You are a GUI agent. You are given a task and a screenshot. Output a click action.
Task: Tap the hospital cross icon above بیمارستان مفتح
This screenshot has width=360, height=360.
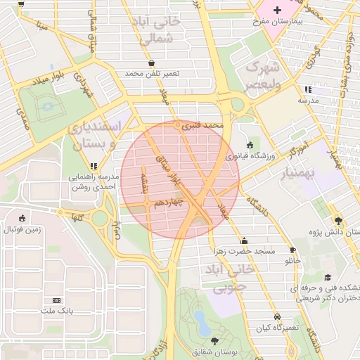pyautogui.click(x=278, y=10)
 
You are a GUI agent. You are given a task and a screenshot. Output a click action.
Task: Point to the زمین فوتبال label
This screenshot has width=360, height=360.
pyautogui.click(x=23, y=229)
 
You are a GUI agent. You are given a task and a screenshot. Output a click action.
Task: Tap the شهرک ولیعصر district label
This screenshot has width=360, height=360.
pyautogui.click(x=262, y=75)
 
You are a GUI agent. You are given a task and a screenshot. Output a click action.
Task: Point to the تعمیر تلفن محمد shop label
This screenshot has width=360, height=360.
pyautogui.click(x=152, y=73)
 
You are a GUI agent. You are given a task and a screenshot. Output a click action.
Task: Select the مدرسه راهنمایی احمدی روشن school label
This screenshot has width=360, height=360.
pyautogui.click(x=94, y=183)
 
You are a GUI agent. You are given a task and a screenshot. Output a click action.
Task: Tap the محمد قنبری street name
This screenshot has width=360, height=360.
pyautogui.click(x=202, y=127)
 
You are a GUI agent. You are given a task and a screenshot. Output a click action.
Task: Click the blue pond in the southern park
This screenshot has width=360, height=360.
pyautogui.click(x=202, y=323)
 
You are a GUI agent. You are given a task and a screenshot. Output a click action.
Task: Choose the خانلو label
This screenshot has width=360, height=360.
pyautogui.click(x=292, y=260)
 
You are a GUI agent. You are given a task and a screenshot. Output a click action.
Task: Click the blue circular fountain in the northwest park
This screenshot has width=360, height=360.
pyautogui.click(x=48, y=106)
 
